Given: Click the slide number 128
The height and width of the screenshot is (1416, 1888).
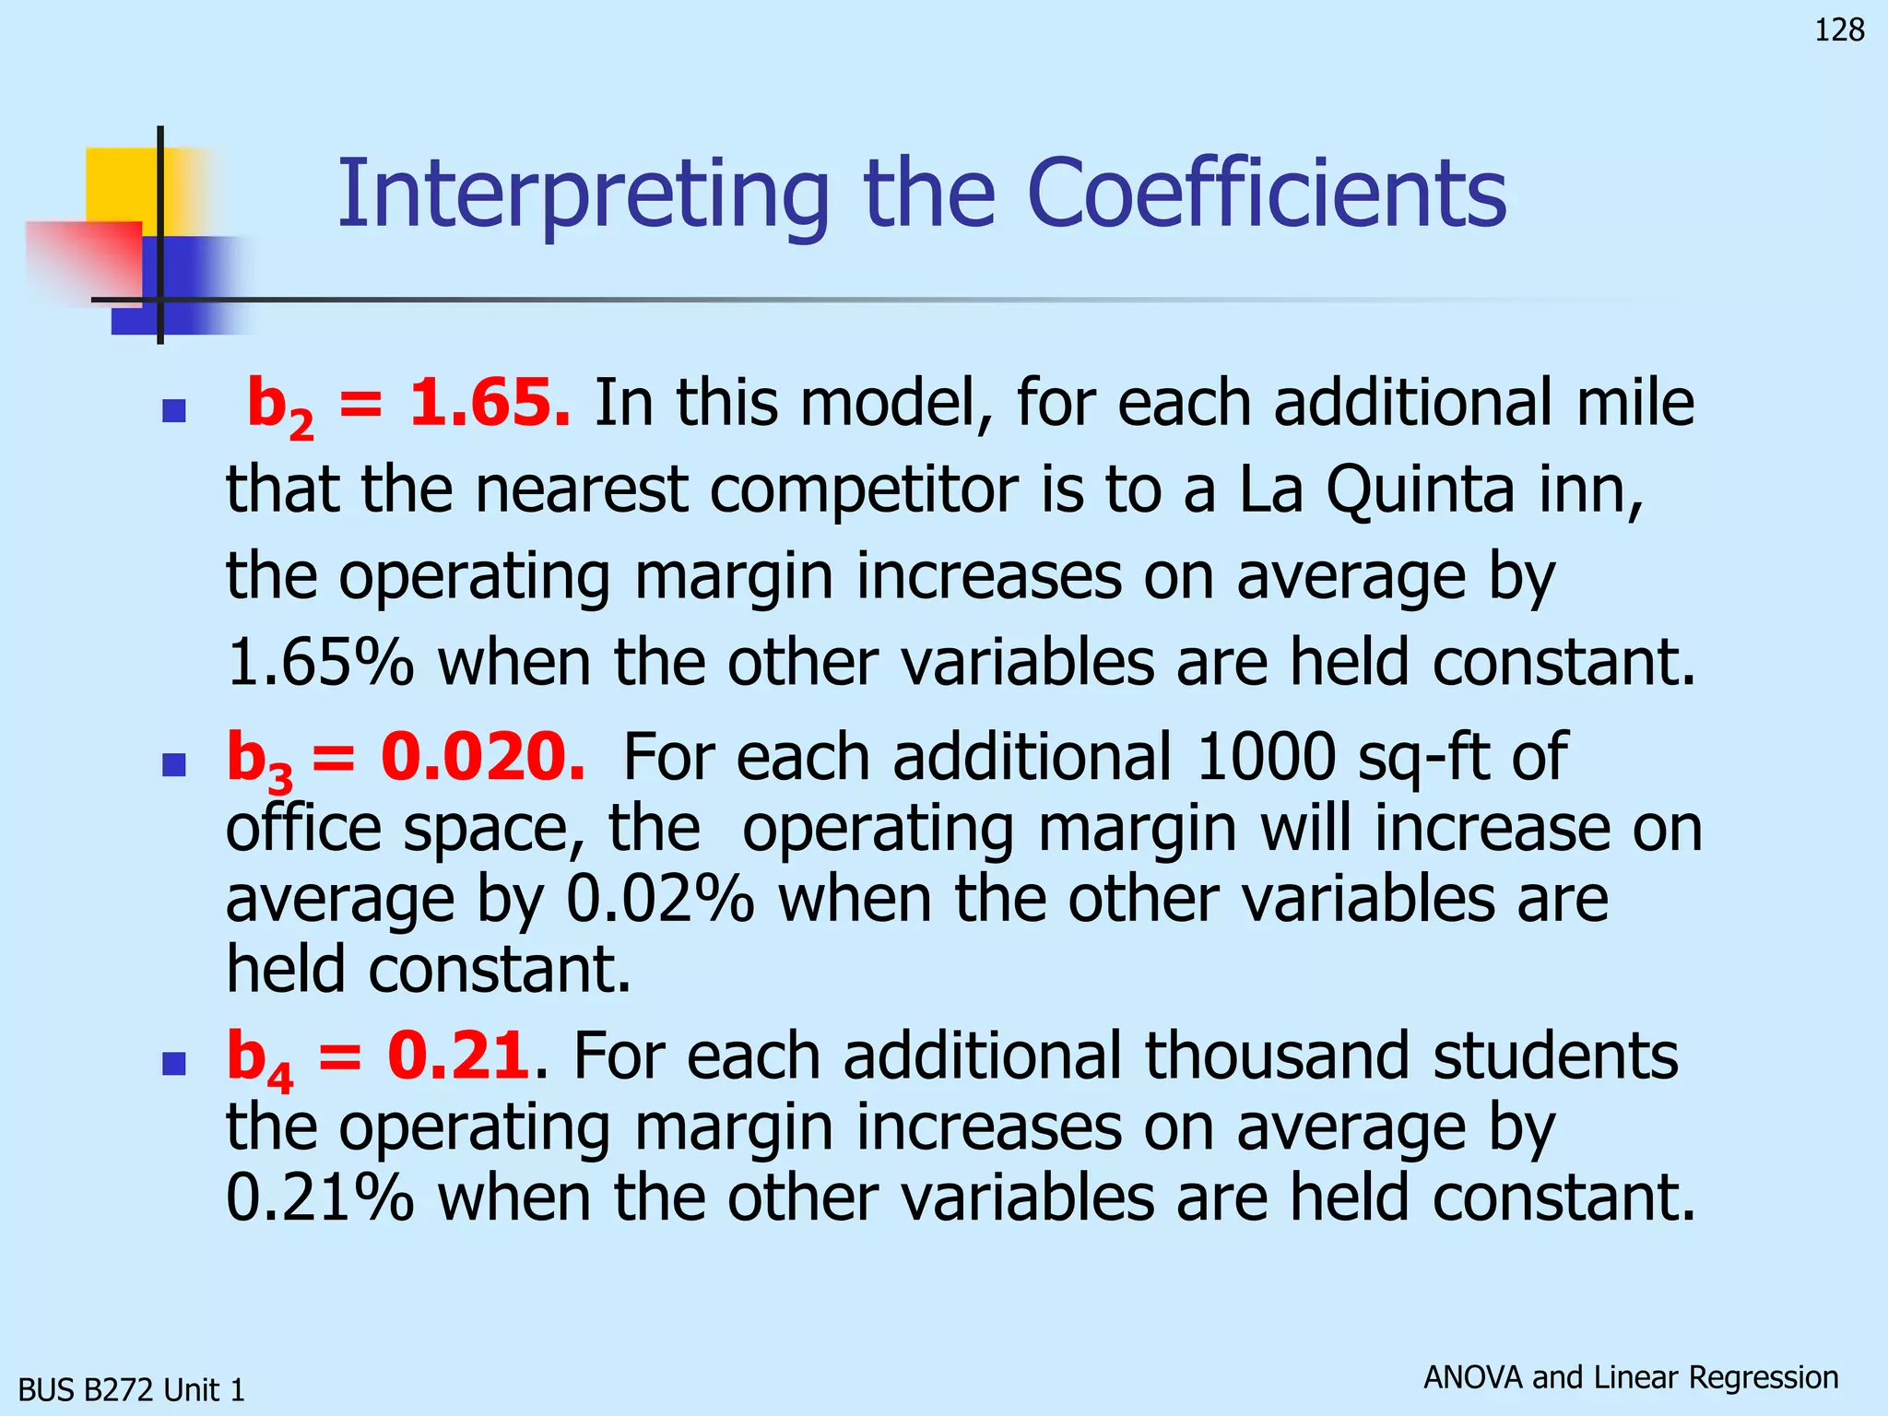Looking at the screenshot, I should (1838, 30).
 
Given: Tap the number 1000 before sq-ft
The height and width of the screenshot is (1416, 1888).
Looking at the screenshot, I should (1265, 757).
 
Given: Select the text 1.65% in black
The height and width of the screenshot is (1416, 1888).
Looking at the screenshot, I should (320, 663).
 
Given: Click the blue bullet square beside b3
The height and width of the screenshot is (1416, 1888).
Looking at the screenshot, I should (173, 764).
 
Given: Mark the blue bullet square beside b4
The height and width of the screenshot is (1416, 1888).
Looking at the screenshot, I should (173, 1064).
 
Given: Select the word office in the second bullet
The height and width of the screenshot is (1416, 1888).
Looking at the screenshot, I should (303, 829).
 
